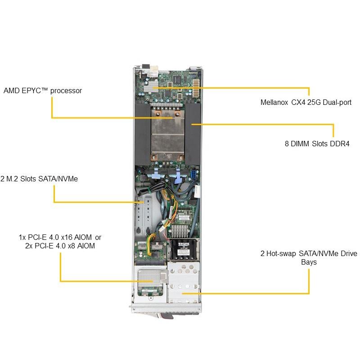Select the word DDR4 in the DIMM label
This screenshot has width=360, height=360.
(x=340, y=144)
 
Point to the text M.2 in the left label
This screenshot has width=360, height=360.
(x=13, y=179)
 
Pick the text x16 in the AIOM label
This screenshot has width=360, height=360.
(x=68, y=237)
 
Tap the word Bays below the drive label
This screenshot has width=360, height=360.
(x=309, y=262)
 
